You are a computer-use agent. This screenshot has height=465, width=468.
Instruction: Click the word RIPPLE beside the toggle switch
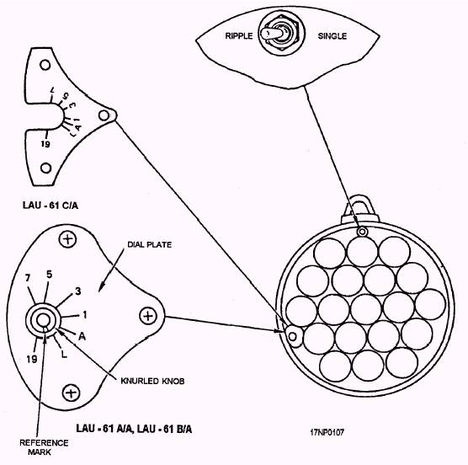[x=239, y=36]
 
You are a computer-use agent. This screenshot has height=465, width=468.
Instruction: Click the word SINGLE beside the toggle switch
[x=332, y=36]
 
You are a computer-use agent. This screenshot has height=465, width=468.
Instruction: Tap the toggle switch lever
[x=272, y=34]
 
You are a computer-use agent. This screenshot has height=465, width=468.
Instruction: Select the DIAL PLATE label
[x=150, y=244]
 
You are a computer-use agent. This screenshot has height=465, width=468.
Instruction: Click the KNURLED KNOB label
[x=152, y=381]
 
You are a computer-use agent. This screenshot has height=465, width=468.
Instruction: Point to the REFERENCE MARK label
[x=44, y=447]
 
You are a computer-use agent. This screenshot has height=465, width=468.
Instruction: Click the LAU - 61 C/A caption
[x=51, y=206]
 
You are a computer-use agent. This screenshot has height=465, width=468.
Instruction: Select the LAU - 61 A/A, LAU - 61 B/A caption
[x=134, y=429]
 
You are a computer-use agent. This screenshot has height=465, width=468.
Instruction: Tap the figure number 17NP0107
[x=327, y=432]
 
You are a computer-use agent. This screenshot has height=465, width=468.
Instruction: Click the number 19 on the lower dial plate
[x=32, y=359]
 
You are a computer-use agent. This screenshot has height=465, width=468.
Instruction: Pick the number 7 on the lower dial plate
[x=28, y=278]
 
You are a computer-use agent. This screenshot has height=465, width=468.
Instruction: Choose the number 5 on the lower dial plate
[x=50, y=275]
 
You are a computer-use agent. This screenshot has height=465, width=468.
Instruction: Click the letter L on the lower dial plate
[x=64, y=355]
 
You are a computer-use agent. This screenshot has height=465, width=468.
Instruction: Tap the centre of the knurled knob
[x=43, y=320]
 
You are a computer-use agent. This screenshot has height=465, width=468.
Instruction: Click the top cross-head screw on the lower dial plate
[x=67, y=239]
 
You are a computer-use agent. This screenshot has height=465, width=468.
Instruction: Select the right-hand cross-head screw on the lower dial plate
[x=148, y=316]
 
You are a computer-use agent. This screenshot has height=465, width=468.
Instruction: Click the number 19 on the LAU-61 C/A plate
[x=45, y=144]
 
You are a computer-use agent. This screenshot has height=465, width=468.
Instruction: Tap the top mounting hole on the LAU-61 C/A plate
[x=45, y=65]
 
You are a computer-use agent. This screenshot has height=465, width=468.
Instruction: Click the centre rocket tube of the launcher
[x=366, y=309]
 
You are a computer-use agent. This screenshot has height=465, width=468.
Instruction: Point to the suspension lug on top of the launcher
[x=360, y=206]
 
